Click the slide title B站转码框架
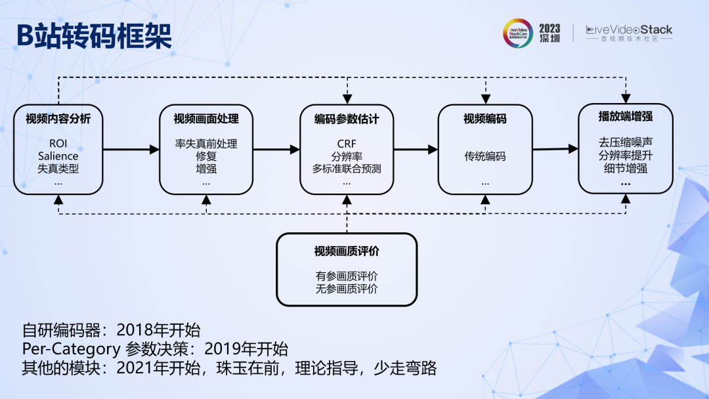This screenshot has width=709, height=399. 94,35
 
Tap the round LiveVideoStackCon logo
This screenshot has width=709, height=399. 518,33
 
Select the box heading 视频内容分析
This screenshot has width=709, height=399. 58,119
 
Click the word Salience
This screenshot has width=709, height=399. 58,156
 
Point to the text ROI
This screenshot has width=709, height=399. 58,144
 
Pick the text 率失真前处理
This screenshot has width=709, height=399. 206,144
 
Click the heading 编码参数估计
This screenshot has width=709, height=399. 347,119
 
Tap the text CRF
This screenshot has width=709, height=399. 347,144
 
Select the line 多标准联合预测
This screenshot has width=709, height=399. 347,169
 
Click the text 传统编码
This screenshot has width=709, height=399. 485,156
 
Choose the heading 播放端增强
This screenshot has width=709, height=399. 626,117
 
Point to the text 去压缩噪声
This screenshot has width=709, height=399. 626,142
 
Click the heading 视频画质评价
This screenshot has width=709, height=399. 347,251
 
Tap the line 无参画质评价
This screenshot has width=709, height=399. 347,289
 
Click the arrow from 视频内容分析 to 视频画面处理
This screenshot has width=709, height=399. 131,150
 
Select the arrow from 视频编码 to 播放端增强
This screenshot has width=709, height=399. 555,149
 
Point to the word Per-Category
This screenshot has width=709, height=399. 72,349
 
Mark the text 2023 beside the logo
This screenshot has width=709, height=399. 549,28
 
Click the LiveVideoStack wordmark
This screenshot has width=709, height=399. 629,30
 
